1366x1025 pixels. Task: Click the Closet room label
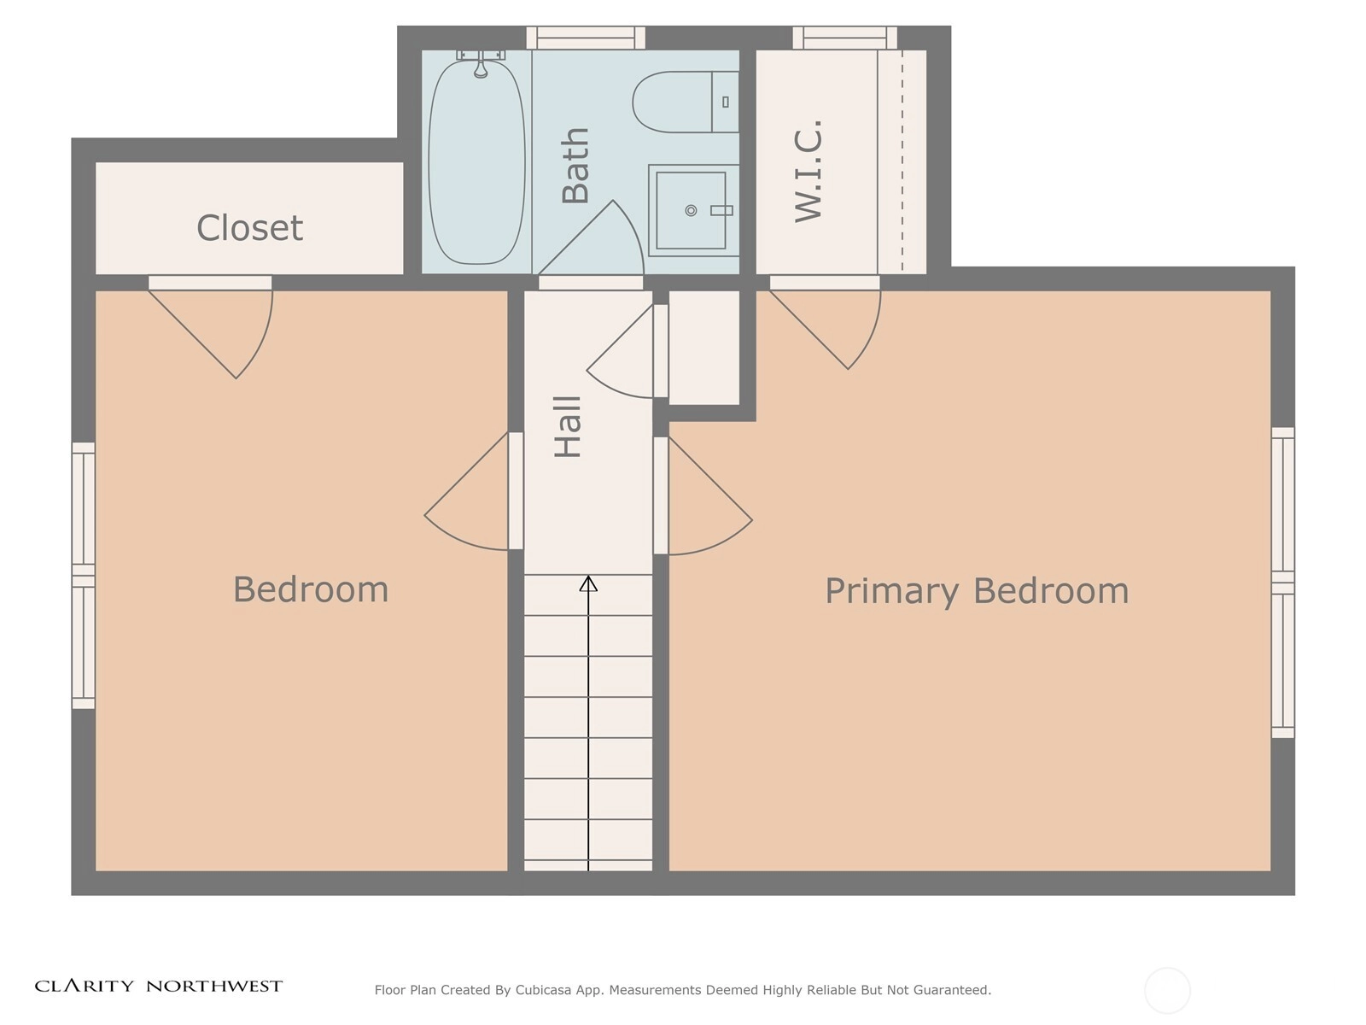pyautogui.click(x=249, y=228)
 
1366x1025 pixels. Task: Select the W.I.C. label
pyautogui.click(x=809, y=171)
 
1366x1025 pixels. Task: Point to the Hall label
pyautogui.click(x=569, y=427)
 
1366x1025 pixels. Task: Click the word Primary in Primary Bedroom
pyautogui.click(x=892, y=591)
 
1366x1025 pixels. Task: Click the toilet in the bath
pyautogui.click(x=686, y=102)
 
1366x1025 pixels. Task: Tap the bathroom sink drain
pyautogui.click(x=691, y=210)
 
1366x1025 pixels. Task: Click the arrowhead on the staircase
pyautogui.click(x=588, y=583)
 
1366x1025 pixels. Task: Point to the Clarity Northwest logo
pyautogui.click(x=159, y=986)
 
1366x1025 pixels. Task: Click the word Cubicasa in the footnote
pyautogui.click(x=543, y=989)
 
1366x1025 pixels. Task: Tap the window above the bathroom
pyautogui.click(x=586, y=38)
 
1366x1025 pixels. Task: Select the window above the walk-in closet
pyautogui.click(x=844, y=38)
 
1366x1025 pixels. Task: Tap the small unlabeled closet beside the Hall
pyautogui.click(x=703, y=348)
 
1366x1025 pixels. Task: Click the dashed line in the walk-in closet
pyautogui.click(x=902, y=161)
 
